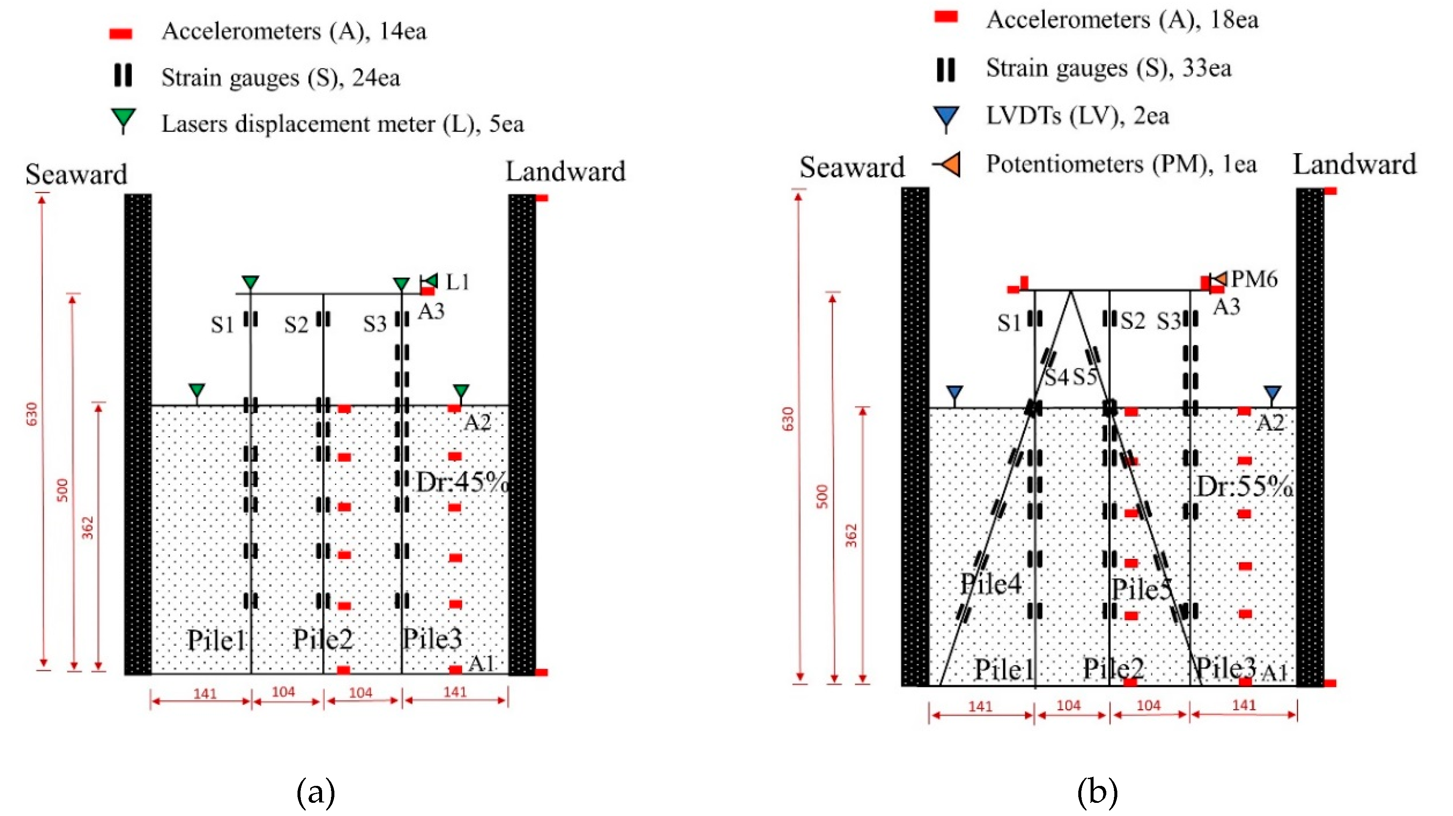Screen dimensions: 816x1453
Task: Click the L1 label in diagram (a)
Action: (x=457, y=281)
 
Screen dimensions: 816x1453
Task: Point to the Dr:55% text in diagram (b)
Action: (x=1244, y=486)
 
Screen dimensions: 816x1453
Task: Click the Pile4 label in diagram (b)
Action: (x=990, y=583)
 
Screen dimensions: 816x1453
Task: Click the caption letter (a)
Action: (x=315, y=792)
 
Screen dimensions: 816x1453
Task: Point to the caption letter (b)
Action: (x=1097, y=792)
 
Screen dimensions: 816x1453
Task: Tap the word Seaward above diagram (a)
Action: (x=76, y=174)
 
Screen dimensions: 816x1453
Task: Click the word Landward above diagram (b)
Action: (x=1354, y=165)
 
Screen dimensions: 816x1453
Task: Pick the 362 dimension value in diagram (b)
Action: (x=851, y=536)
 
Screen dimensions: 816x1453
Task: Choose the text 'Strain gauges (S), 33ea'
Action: (x=1108, y=68)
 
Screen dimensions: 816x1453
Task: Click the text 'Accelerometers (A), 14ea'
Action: (x=294, y=31)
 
